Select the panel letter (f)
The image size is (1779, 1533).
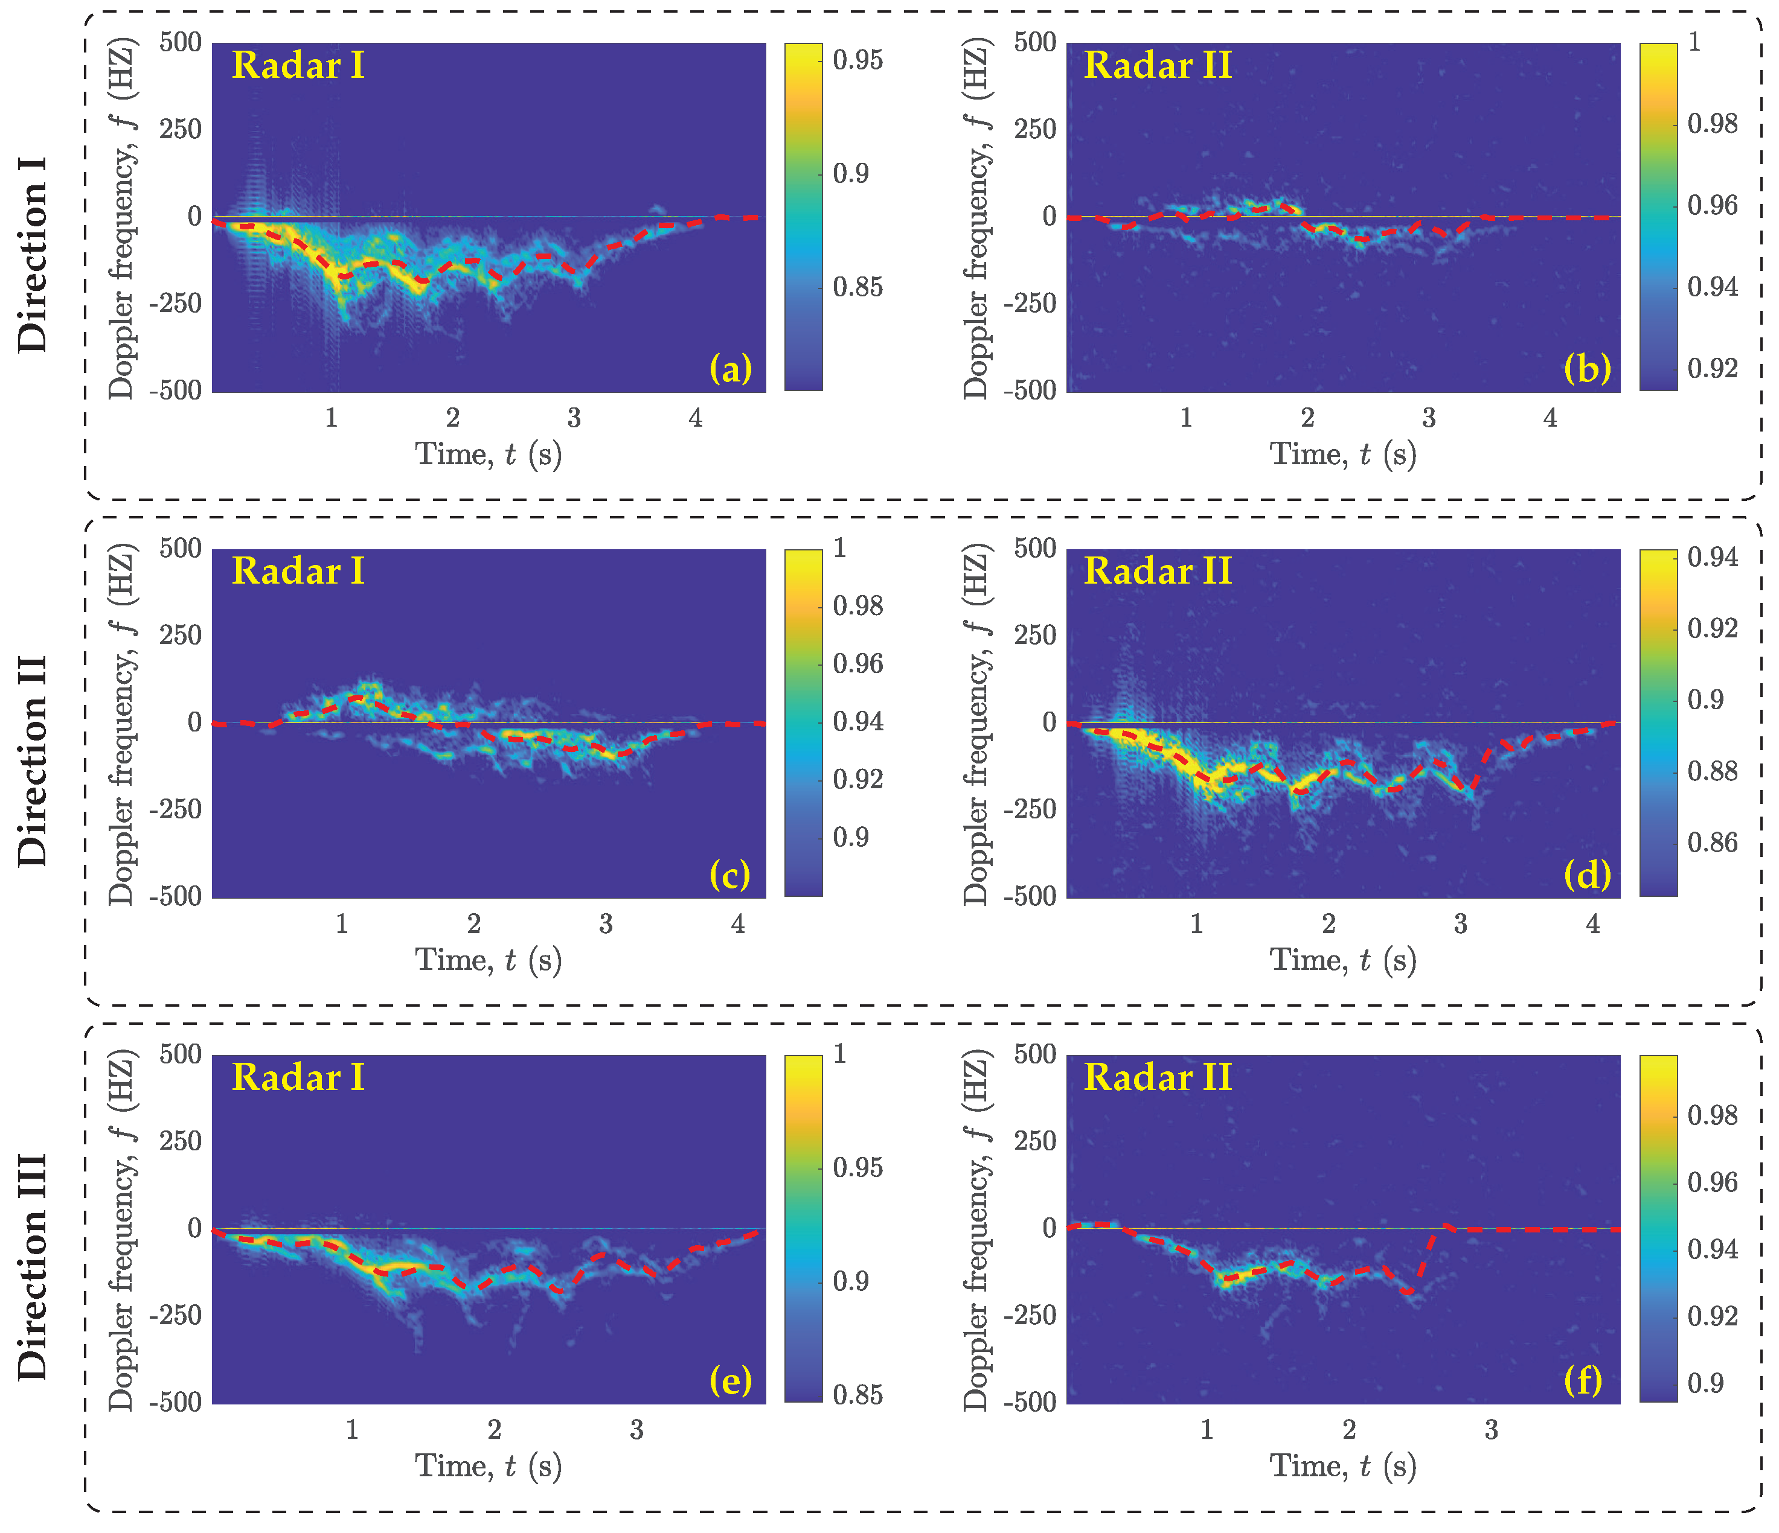[1582, 1380]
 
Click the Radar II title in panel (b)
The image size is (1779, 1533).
[1158, 66]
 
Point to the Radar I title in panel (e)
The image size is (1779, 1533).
[298, 1078]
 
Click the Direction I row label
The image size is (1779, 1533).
[33, 254]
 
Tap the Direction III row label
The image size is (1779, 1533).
[33, 1266]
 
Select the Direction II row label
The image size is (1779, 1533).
[33, 760]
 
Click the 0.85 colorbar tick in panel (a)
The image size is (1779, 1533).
[857, 287]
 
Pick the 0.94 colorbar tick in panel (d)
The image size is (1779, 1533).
[1712, 557]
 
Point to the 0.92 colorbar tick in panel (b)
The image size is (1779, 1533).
[1712, 368]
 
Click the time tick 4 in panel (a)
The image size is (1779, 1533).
[696, 418]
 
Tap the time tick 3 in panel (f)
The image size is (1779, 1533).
[1492, 1430]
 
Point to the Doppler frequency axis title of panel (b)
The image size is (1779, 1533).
[976, 222]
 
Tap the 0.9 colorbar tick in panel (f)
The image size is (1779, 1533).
[1705, 1383]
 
